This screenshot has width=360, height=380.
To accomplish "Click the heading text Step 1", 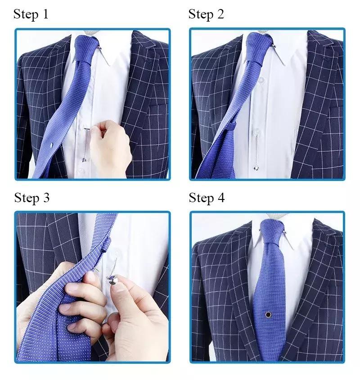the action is click(x=31, y=14).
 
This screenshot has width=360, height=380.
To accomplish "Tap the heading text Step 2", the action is click(x=206, y=14).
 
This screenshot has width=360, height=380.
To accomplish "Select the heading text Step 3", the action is click(x=32, y=198).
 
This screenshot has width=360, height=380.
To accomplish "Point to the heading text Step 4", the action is click(x=207, y=198).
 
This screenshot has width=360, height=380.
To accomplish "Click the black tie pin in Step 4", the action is click(x=268, y=315).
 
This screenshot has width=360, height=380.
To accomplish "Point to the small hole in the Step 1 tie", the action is click(x=51, y=145).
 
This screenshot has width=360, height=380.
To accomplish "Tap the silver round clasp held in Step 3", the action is click(x=112, y=280).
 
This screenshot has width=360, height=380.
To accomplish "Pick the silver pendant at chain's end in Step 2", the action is click(x=256, y=167).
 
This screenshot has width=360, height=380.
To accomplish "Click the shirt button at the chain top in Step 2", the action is click(x=256, y=132).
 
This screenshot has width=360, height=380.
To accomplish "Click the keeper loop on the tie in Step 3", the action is click(x=107, y=245).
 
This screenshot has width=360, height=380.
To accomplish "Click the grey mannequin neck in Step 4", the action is click(x=272, y=216).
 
